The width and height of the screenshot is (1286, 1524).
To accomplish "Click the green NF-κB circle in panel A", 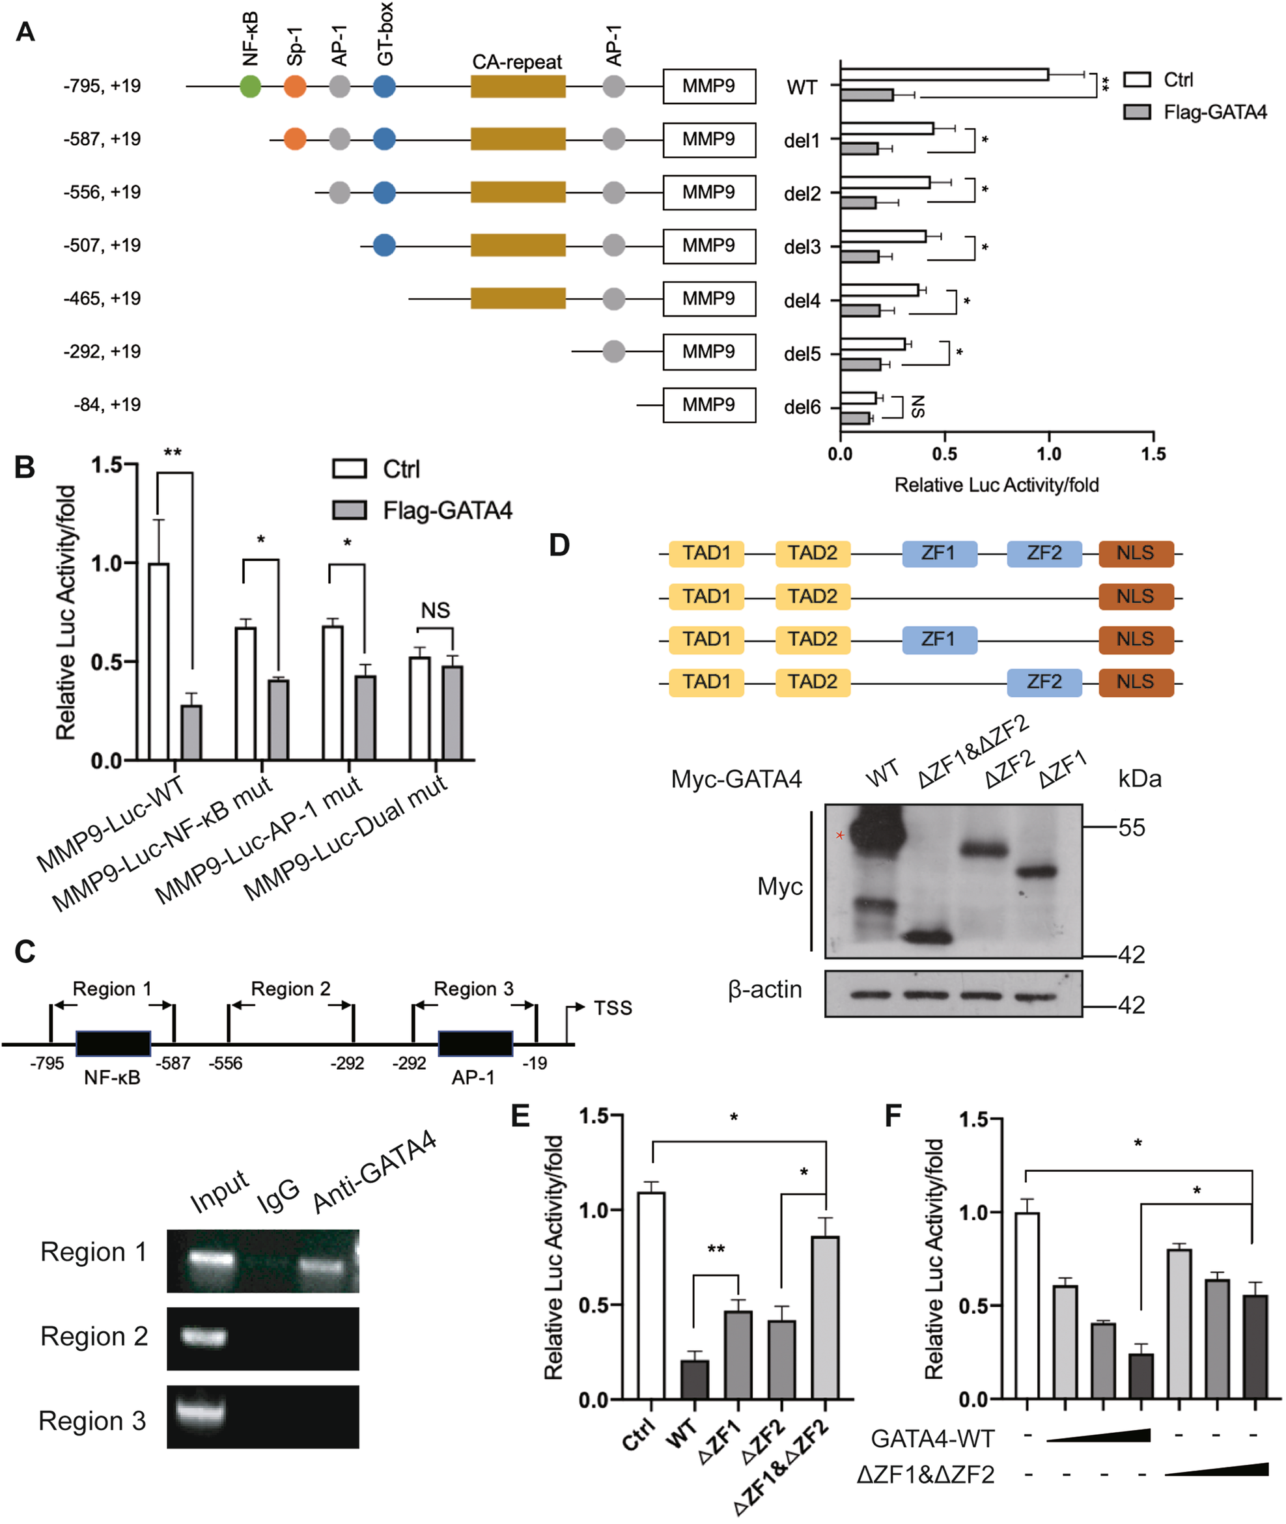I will (250, 87).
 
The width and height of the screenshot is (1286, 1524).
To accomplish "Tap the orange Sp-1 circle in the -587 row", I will (294, 139).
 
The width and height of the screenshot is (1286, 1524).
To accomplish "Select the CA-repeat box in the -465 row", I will (518, 299).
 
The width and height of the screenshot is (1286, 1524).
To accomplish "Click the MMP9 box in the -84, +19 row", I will (708, 405).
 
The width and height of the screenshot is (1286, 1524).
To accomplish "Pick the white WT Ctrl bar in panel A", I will (944, 74).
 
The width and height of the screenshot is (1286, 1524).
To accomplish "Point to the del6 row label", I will (802, 408).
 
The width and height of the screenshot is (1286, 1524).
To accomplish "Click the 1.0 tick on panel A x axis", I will (1048, 454).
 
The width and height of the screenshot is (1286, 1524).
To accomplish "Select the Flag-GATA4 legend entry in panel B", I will (447, 510).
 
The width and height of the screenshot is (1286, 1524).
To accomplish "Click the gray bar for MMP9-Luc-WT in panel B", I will (191, 732).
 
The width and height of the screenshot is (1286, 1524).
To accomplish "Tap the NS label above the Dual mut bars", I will (435, 610).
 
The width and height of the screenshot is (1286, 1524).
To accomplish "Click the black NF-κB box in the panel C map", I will (113, 1044).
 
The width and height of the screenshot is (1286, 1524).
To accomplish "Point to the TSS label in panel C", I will (612, 1008).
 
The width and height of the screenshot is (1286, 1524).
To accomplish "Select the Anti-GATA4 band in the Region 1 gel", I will (322, 1264).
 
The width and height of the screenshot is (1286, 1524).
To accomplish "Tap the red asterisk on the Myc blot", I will (840, 835).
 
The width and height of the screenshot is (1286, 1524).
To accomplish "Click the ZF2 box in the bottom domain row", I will (1044, 682).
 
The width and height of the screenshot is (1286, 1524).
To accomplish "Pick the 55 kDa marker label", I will (1132, 828).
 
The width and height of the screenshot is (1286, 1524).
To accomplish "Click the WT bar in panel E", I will (694, 1379).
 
